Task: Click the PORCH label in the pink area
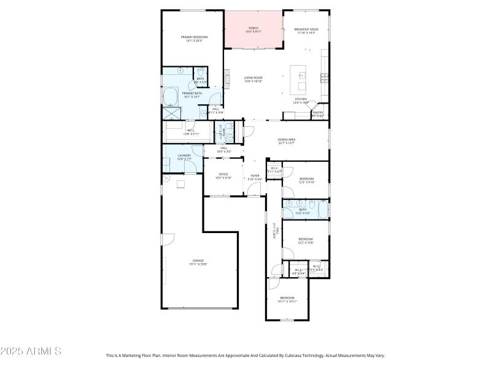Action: tap(253, 29)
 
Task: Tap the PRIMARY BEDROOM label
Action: tap(194, 38)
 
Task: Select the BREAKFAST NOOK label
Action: tap(306, 30)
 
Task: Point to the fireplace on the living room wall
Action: tap(226, 77)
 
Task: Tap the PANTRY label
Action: tap(317, 113)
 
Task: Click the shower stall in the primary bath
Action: tap(170, 113)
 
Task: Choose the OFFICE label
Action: tap(224, 175)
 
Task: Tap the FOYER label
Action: tap(254, 177)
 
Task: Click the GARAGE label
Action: tap(198, 261)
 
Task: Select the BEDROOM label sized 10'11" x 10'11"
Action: tap(287, 299)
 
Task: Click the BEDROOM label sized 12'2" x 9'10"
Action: tap(306, 180)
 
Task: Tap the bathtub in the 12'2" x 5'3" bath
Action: tap(323, 210)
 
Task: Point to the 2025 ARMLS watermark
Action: tap(31, 351)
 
